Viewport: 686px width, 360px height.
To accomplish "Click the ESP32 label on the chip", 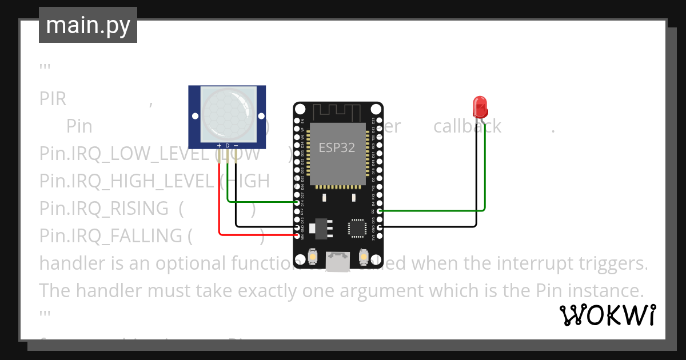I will click(337, 147).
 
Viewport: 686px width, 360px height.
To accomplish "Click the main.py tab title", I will click(88, 26).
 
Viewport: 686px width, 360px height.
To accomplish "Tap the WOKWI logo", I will click(607, 315).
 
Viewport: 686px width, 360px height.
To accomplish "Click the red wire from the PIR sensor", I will click(220, 200).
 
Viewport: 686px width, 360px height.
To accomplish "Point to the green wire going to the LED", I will click(485, 171).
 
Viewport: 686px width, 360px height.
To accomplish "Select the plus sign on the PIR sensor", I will click(219, 146).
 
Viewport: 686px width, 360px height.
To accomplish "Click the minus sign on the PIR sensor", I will click(236, 146).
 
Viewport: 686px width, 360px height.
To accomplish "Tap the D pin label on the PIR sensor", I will click(227, 146).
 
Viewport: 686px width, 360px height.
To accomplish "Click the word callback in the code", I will click(467, 126).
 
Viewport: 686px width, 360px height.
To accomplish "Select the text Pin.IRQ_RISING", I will click(104, 209).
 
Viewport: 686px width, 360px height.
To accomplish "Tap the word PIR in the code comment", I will click(53, 99).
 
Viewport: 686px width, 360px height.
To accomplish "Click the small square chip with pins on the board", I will click(357, 227).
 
